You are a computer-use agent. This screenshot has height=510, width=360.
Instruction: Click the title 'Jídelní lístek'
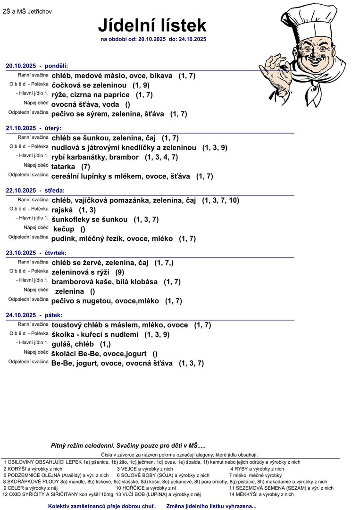tap(152, 25)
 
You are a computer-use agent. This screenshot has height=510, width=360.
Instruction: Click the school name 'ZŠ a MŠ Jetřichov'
tap(27, 11)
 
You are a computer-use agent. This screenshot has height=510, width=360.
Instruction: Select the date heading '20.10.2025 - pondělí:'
tap(37, 66)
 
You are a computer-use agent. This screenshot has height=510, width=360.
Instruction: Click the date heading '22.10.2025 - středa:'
tap(35, 191)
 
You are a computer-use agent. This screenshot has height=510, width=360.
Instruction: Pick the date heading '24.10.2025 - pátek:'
tap(34, 315)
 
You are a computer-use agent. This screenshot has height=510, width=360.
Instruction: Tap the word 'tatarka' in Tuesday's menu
tap(63, 167)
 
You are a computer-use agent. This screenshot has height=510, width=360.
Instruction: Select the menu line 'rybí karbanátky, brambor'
tap(95, 157)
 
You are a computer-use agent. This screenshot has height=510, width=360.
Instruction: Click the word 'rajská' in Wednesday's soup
tap(62, 210)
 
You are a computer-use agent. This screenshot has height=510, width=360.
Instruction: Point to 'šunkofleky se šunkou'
tap(90, 220)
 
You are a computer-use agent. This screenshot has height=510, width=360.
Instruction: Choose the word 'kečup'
tap(64, 229)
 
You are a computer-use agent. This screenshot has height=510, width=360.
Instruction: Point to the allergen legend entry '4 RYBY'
tap(257, 469)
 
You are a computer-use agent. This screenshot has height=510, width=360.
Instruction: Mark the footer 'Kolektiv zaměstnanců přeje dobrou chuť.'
tap(103, 506)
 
